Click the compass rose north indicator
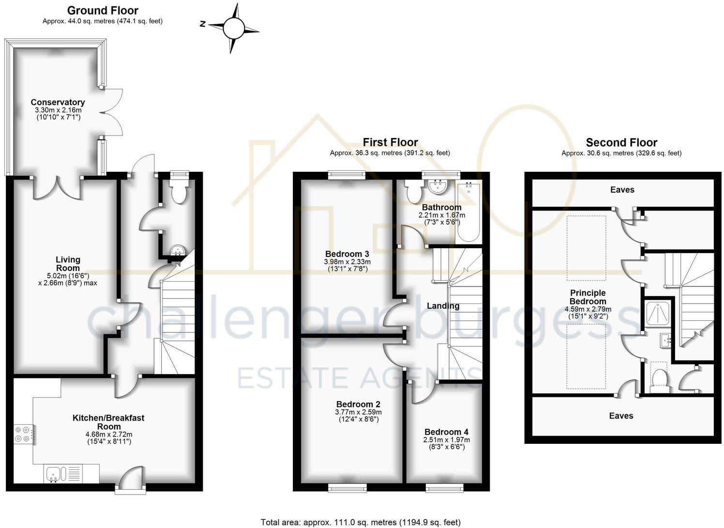point(203,24)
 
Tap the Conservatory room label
point(58,102)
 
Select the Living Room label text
point(68,264)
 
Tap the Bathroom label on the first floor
point(441,207)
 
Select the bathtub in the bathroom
point(468,211)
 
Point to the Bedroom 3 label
point(347,254)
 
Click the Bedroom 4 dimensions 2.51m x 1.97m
point(446,439)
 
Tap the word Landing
point(443,306)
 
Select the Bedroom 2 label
point(358,404)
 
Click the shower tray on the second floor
point(658,313)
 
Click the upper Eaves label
point(622,190)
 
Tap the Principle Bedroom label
point(588,297)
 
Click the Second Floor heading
point(621,142)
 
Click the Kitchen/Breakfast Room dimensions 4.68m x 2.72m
point(109,434)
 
